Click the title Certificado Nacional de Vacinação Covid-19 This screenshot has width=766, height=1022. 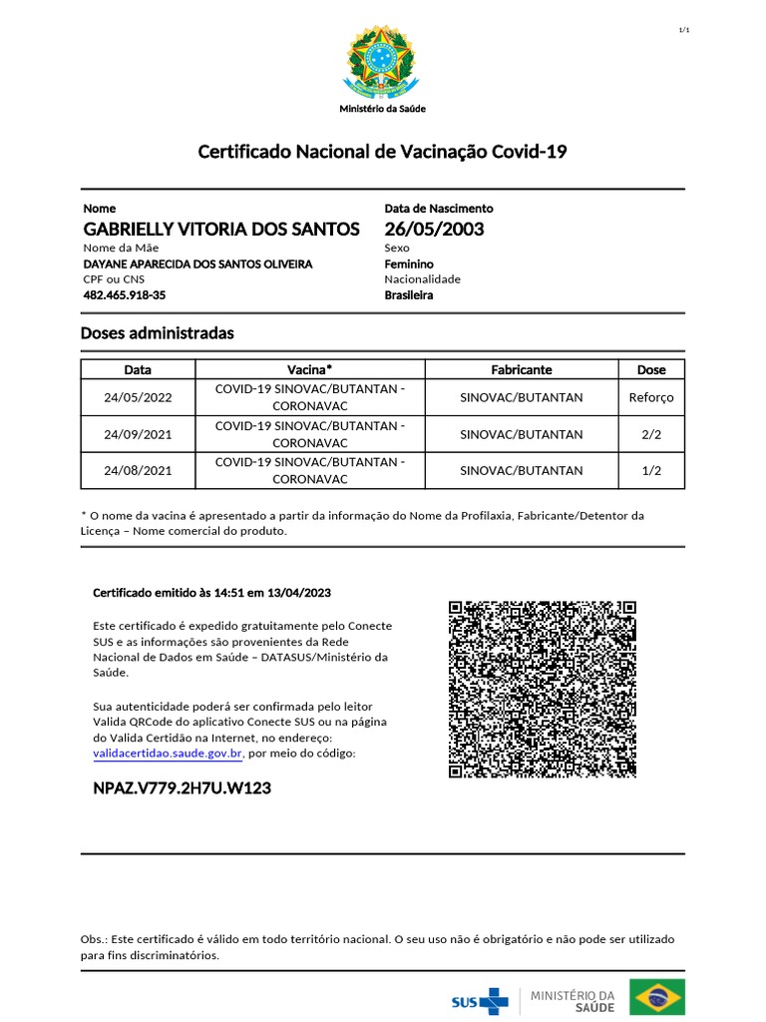pos(383,152)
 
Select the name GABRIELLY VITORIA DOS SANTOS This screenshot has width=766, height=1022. pos(221,230)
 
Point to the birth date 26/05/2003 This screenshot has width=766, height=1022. pos(434,230)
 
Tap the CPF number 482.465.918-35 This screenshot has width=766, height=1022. pos(125,295)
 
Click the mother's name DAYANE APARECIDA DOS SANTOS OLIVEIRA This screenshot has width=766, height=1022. pos(197,263)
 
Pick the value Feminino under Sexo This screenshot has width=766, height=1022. pos(409,263)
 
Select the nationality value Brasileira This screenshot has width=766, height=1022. pos(409,295)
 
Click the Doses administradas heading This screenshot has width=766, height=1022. pos(157,333)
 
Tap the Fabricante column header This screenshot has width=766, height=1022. pos(521,369)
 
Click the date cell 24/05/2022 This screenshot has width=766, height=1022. pos(138,397)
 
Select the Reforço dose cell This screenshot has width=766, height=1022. pos(651,397)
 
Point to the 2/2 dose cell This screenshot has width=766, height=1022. pos(651,434)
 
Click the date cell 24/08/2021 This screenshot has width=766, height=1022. pos(138,470)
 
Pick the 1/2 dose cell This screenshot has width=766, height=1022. pos(651,470)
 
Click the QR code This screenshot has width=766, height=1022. pos(542,689)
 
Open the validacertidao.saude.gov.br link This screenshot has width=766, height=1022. pos(168,753)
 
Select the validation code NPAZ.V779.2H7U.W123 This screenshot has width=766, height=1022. pos(182,788)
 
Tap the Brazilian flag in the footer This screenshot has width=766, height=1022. pos(656,997)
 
